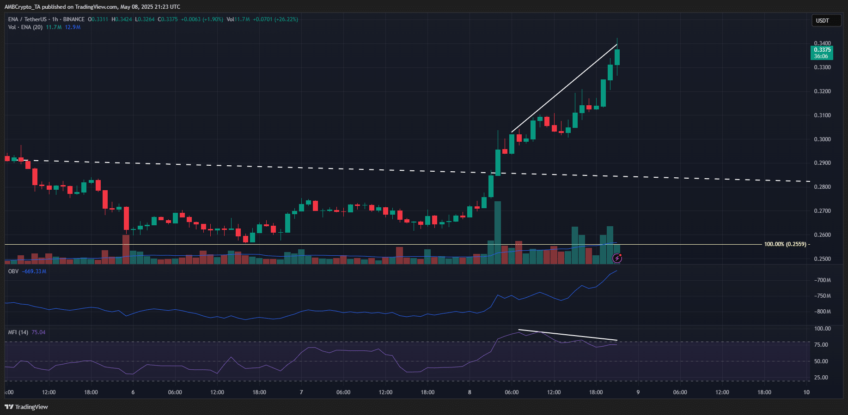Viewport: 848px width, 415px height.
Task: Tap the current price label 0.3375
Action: (822, 50)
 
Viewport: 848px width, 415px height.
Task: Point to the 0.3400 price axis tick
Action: (822, 43)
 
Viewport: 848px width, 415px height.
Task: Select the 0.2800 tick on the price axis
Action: (822, 187)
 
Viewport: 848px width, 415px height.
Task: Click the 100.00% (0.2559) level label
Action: (785, 244)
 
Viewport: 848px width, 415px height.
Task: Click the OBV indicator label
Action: (13, 271)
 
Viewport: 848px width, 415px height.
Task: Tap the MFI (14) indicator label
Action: (18, 332)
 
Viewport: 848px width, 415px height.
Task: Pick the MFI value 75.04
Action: (38, 332)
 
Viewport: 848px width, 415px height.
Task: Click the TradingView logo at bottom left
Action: (26, 407)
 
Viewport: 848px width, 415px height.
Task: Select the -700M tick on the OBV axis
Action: (822, 280)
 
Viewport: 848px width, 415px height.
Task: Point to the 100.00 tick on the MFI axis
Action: (822, 329)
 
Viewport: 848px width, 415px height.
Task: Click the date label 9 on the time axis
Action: (638, 392)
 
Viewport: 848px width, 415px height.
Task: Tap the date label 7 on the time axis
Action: (301, 392)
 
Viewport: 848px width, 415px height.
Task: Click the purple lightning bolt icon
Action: (617, 259)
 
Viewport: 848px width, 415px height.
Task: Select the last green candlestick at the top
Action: (617, 57)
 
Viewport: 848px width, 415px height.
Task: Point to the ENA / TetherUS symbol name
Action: (27, 19)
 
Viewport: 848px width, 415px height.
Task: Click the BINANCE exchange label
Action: (74, 19)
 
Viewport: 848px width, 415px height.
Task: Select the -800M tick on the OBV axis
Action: (822, 312)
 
